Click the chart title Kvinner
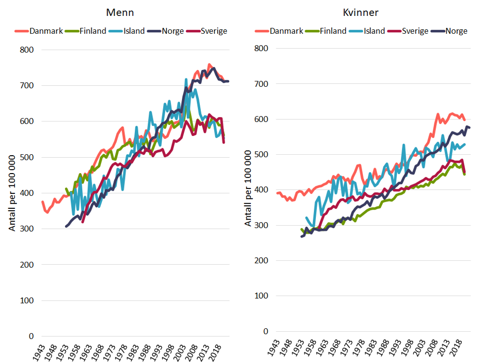point(362,11)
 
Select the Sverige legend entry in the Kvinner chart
point(414,31)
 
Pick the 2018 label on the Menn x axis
point(215,352)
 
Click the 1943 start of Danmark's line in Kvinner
point(278,193)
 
